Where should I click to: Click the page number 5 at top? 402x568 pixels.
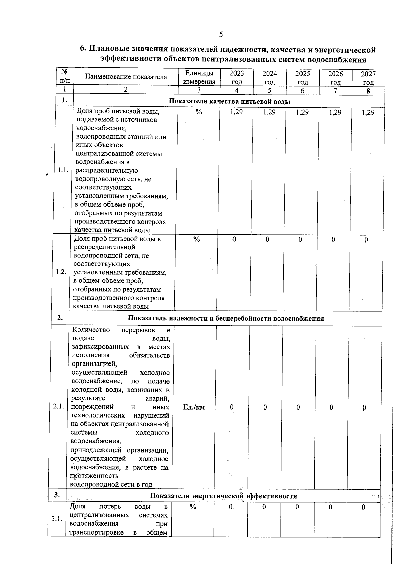pos(221,34)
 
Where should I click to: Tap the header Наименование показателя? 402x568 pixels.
pos(126,77)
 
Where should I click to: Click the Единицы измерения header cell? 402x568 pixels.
pos(199,77)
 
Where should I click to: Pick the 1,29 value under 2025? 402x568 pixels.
pos(302,112)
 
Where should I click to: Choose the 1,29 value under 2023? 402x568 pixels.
pos(237,112)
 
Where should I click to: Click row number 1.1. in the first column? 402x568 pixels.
pos(63,170)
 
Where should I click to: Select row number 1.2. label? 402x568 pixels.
pos(61,272)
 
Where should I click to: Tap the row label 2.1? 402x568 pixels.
pos(59,407)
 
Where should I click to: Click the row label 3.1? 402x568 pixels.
pos(57,519)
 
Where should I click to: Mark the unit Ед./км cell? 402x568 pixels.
pos(194,407)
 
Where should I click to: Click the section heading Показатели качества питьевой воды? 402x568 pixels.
pos(229,102)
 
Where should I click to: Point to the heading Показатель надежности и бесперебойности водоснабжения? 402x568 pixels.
pos(226,318)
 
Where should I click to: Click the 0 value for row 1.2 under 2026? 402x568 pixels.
pos(333,239)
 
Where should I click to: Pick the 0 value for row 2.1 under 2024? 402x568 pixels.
pos(265,407)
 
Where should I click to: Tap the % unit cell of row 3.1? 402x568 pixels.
pos(193,507)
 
